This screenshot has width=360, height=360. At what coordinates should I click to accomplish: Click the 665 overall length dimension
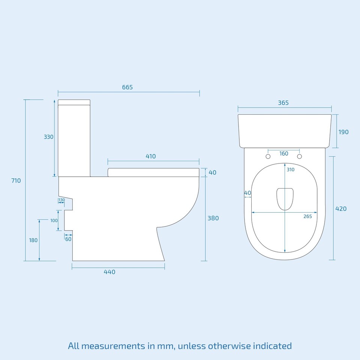point(127,87)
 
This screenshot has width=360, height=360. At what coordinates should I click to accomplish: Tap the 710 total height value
point(16,180)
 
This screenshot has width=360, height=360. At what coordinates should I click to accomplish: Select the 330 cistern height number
point(49,137)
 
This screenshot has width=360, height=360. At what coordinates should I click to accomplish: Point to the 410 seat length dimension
point(150,156)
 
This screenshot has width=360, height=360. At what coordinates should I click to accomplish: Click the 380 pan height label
point(213,218)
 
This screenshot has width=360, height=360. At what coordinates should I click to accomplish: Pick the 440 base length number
point(109,272)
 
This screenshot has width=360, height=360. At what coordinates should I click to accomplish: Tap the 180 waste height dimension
point(33,240)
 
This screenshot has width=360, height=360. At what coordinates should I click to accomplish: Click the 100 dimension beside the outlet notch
point(54,220)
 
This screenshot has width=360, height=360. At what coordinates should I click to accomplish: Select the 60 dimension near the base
point(68,239)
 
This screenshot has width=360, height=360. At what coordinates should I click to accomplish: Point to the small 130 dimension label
point(61,200)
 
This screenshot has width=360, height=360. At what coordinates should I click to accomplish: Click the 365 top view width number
point(283,103)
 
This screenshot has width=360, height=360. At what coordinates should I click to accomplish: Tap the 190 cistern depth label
point(343,132)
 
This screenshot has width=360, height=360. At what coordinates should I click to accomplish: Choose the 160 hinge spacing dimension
point(284,153)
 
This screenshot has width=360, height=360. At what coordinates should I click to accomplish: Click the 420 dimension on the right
point(341,208)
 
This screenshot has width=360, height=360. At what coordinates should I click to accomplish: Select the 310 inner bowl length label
point(291,169)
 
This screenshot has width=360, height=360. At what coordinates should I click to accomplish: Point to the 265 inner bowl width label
point(307,216)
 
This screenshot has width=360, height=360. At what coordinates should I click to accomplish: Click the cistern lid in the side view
point(74,102)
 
